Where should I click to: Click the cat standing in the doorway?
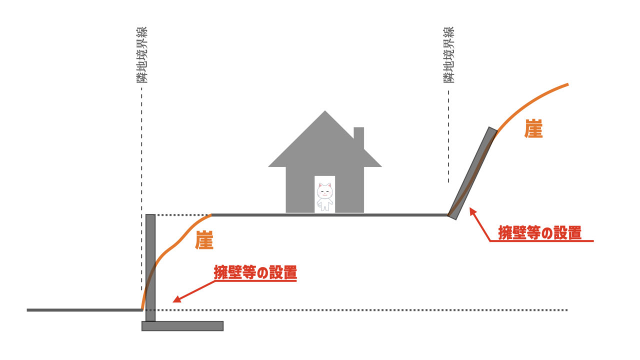(324, 196)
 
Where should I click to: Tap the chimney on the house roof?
(358, 137)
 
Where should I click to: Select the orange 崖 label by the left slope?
(204, 240)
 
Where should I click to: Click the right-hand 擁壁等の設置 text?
(539, 232)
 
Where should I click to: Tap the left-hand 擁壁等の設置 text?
(255, 273)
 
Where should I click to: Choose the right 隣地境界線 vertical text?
(448, 55)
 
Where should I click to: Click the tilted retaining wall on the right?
(472, 172)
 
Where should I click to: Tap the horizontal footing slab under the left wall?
(182, 326)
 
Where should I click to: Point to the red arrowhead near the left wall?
(175, 299)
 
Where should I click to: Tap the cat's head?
(324, 190)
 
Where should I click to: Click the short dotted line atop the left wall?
(182, 215)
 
